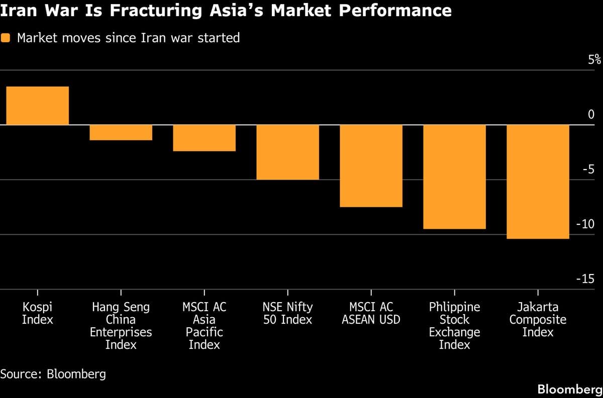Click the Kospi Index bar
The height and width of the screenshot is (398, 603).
(x=37, y=105)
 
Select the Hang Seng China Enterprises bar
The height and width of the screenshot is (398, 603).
(x=121, y=132)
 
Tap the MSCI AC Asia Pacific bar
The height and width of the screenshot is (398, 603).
(x=204, y=138)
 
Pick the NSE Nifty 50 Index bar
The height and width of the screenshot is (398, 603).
(x=287, y=152)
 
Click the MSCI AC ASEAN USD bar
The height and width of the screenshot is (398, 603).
(x=371, y=166)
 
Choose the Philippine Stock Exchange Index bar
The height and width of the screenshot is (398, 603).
(x=454, y=177)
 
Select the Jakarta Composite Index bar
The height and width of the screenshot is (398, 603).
(x=538, y=182)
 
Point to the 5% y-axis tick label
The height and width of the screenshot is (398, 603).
(x=594, y=60)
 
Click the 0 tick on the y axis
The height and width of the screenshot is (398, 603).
(x=591, y=115)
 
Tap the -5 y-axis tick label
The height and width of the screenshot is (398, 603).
(x=588, y=170)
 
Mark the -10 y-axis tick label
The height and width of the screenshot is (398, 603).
(x=585, y=224)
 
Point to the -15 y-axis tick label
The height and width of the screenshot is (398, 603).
(x=585, y=279)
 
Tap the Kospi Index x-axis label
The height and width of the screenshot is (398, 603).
(x=37, y=313)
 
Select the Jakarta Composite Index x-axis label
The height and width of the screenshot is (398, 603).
(x=538, y=319)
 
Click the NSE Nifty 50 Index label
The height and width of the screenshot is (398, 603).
(x=287, y=313)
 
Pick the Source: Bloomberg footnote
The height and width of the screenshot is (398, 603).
(x=53, y=374)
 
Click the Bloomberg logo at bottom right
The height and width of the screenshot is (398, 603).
(x=569, y=389)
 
